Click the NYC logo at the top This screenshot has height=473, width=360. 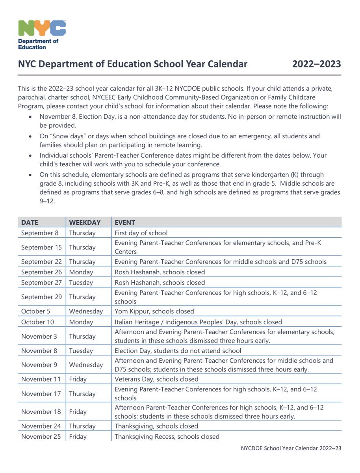(42, 28)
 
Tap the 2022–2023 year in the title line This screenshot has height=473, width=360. (316, 64)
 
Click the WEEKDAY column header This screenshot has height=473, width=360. (85, 222)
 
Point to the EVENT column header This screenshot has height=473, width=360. (125, 222)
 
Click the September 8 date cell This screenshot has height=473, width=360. (40, 233)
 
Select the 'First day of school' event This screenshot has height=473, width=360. (141, 233)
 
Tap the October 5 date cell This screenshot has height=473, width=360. (36, 311)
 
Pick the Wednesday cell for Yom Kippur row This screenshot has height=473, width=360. (86, 311)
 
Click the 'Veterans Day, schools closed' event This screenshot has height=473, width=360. (156, 379)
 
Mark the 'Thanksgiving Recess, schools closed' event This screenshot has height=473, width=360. (167, 436)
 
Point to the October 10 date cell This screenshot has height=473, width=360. (38, 322)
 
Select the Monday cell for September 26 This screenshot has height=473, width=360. (81, 272)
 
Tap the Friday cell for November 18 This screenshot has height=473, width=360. (78, 412)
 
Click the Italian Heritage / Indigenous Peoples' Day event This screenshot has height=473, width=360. (198, 322)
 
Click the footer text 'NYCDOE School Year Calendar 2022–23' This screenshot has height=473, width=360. (291, 448)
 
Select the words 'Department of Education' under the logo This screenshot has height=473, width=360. (38, 44)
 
